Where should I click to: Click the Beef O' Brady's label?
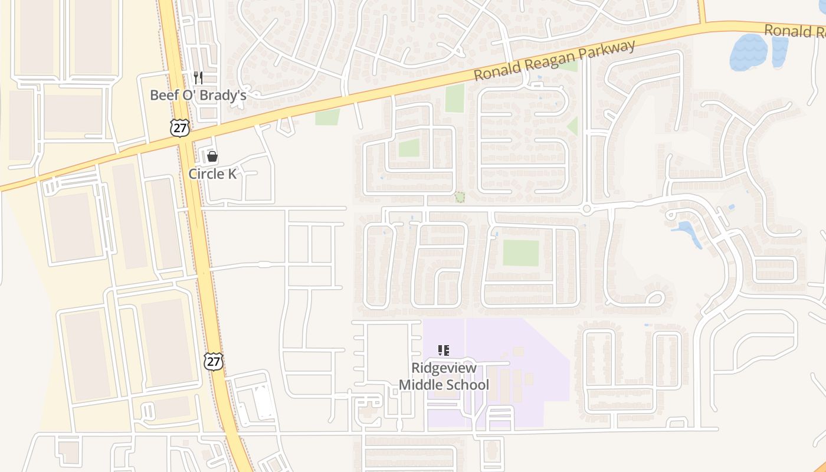pos(198,95)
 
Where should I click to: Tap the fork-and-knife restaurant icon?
pos(198,77)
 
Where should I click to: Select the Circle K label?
pos(212,173)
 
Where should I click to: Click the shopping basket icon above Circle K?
pos(212,156)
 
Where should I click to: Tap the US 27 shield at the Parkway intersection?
pos(180,127)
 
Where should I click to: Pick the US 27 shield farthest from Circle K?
pos(214,361)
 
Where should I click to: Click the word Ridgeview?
pos(444,368)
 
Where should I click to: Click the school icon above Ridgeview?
pos(444,350)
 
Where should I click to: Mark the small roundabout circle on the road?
pos(586,209)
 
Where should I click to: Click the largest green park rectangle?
pos(521,253)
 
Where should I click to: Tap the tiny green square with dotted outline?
pos(460,197)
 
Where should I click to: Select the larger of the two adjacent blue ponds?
pos(749,52)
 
